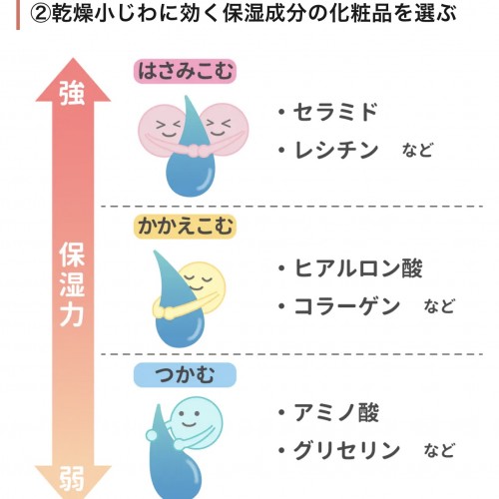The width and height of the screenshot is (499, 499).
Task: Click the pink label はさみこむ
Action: coord(185,71)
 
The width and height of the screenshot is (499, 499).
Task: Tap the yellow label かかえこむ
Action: coord(185,227)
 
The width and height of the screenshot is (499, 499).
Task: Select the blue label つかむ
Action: coord(185,375)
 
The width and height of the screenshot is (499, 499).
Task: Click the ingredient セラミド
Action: coord(335,112)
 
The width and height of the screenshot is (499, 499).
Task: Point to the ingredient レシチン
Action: coord(336,150)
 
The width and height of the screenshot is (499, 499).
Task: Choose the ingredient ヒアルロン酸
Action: coord(358,268)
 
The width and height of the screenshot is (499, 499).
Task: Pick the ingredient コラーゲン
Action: coord(347,306)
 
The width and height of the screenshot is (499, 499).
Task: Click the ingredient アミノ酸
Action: coord(336,412)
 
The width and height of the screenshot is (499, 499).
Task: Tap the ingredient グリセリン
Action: coord(346,450)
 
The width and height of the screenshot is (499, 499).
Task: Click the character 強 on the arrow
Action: coord(72,94)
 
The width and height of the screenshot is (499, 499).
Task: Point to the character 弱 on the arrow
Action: coord(72,479)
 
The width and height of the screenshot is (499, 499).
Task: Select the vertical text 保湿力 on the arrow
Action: coord(72,284)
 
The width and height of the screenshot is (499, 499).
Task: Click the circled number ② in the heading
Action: coord(41,13)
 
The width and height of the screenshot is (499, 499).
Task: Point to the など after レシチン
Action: coord(418,151)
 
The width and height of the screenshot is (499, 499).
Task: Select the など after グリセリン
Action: coord(439,450)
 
